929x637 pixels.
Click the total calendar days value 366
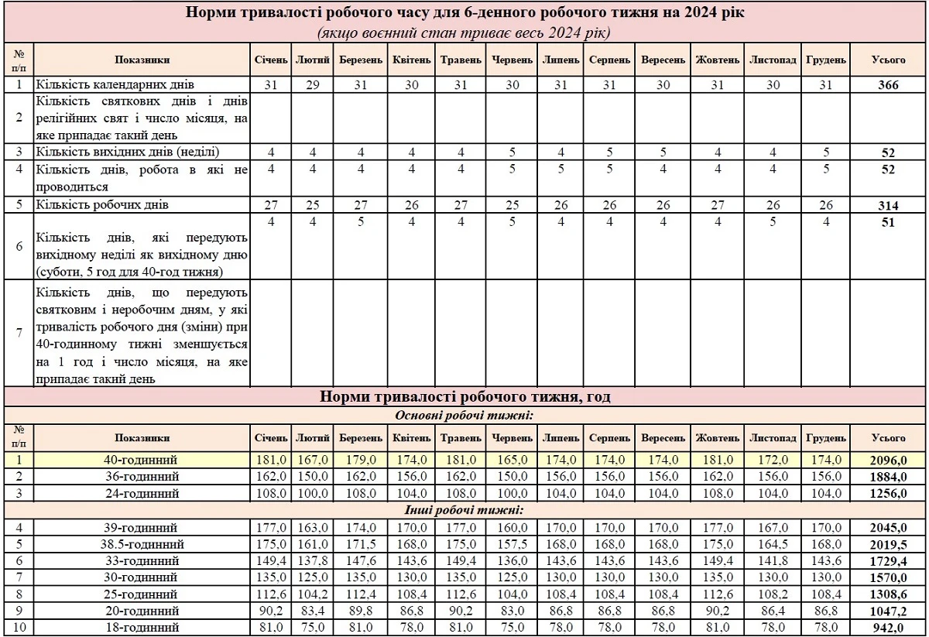[888, 85]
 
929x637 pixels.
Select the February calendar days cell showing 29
[313, 85]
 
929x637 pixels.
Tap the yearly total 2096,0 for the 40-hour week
[887, 461]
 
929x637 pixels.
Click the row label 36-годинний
[142, 477]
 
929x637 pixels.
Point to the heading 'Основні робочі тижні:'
[465, 416]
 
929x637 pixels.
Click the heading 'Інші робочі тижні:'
[465, 510]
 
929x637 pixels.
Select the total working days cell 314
[888, 206]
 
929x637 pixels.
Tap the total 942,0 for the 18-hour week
[888, 628]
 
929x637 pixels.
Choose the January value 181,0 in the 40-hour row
[270, 461]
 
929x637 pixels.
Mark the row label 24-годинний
[142, 493]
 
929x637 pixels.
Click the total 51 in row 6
[888, 223]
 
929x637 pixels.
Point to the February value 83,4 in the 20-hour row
[313, 611]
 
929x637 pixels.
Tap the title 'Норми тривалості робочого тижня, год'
[465, 398]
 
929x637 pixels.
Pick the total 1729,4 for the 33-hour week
[887, 560]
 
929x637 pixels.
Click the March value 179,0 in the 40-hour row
[361, 461]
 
